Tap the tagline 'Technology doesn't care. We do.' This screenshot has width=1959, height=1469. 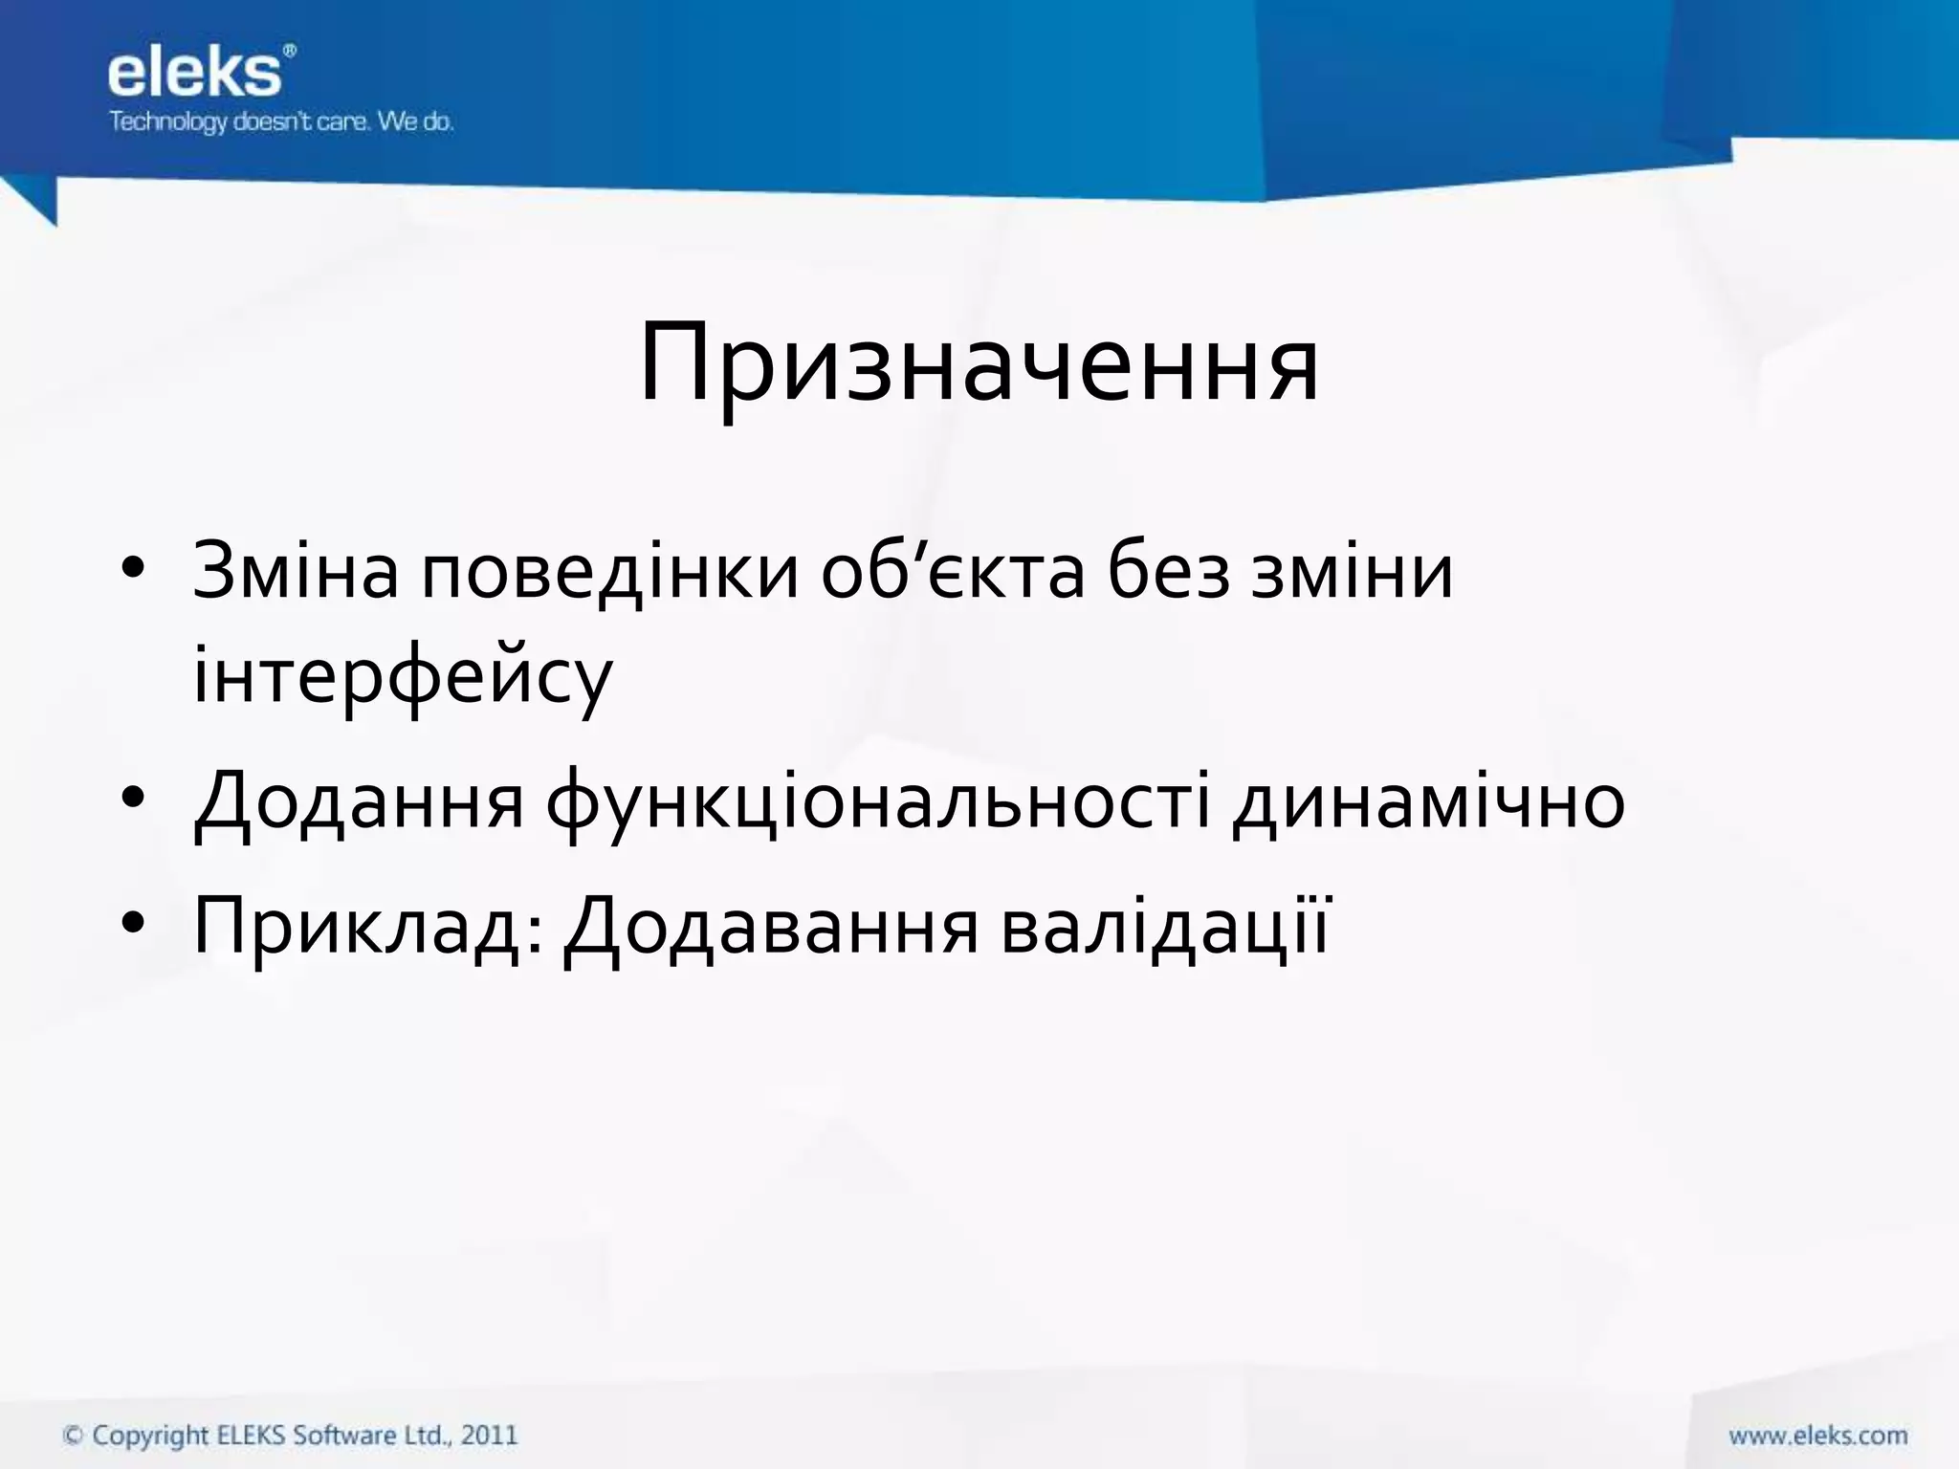click(280, 122)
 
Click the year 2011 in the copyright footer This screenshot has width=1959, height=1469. click(489, 1435)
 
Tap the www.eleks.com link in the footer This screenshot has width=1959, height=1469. click(1816, 1436)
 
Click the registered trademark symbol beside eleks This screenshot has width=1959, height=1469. click(290, 50)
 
